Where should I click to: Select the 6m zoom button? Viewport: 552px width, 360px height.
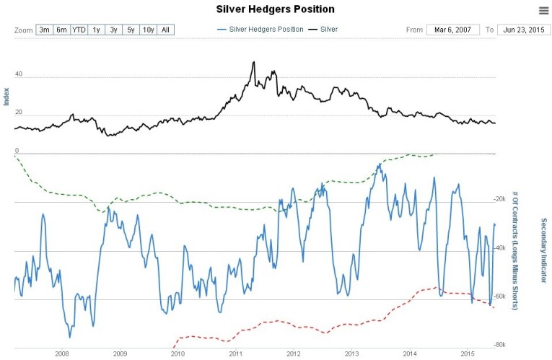click(61, 30)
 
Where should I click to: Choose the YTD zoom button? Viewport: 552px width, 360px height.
click(79, 30)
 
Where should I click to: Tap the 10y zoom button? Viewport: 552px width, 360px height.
click(148, 30)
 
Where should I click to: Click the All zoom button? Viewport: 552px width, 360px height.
click(165, 30)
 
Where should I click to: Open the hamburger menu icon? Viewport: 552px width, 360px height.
click(543, 10)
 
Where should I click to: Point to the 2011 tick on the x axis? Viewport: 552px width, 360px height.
click(235, 354)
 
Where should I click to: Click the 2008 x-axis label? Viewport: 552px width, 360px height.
click(61, 354)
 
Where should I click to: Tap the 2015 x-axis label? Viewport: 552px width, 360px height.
click(467, 354)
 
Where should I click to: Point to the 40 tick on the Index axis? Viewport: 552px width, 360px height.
click(18, 74)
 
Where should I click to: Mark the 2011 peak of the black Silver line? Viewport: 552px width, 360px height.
click(253, 62)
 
